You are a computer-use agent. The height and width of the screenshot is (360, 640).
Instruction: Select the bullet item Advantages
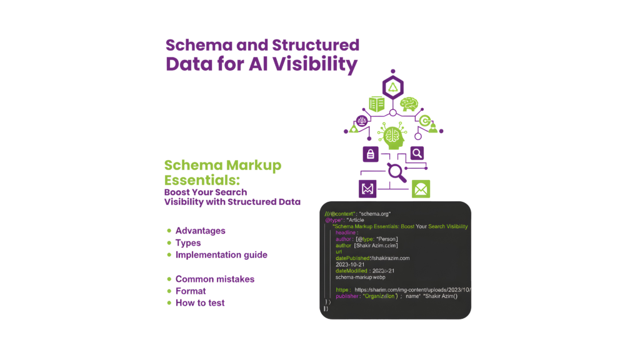[x=200, y=231]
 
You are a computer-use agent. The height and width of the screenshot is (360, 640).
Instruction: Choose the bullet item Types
[x=188, y=242]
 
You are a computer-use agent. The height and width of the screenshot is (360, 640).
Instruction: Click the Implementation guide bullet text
[x=221, y=255]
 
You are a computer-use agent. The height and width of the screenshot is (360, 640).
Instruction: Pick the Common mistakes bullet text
[x=214, y=279]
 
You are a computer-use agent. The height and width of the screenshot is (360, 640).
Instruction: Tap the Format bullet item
[x=191, y=291]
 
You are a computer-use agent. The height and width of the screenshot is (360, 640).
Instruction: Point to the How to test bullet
[x=200, y=303]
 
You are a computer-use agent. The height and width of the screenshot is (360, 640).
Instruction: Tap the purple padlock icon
[x=371, y=153]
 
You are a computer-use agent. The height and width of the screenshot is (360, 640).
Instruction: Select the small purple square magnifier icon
[x=417, y=152]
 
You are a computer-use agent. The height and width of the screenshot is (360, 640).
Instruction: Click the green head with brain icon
[x=392, y=134]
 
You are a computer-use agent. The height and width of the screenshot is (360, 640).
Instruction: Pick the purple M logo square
[x=367, y=189]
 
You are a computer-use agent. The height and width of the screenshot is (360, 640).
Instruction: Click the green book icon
[x=376, y=104]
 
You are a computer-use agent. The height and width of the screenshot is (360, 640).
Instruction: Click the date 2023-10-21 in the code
[x=351, y=264]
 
